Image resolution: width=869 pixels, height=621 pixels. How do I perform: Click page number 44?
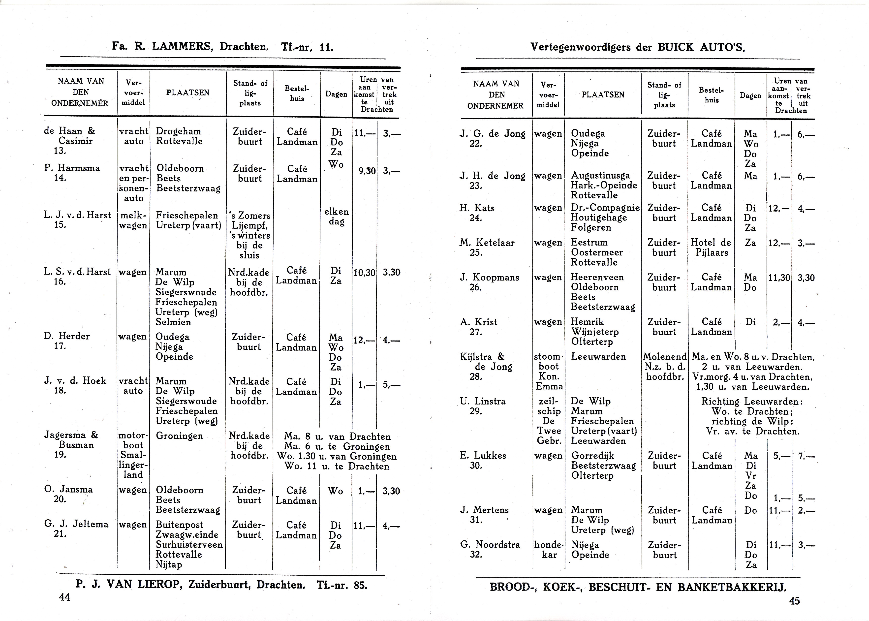65,597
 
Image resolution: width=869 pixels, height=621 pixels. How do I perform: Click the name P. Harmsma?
72,168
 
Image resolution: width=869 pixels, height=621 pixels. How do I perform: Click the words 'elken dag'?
337,217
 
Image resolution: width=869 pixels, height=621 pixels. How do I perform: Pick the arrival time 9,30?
366,171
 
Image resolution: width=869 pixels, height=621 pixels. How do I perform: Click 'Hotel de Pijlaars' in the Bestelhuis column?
711,248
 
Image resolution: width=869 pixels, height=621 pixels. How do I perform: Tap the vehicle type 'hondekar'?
549,550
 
